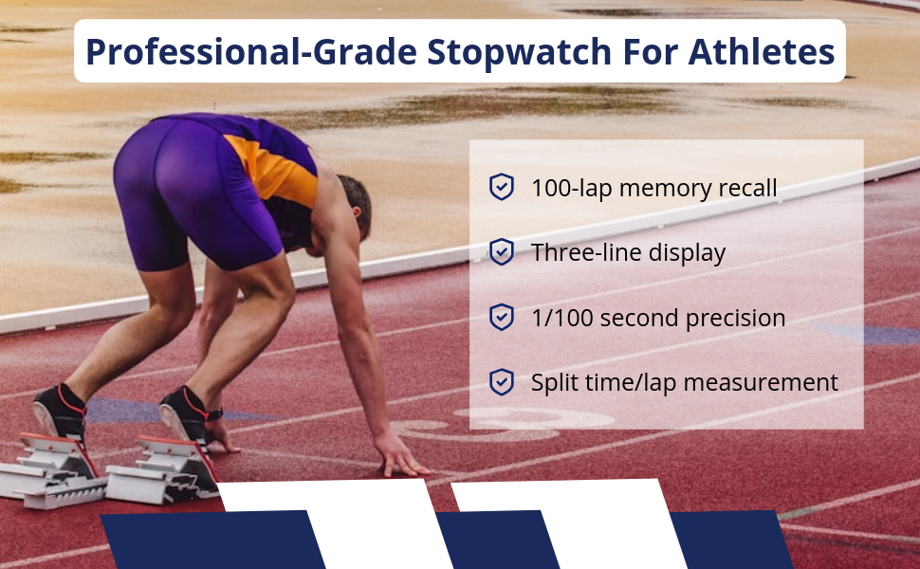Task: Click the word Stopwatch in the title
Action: pos(519,52)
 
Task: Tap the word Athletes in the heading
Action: pos(761,51)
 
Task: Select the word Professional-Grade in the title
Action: pos(251,51)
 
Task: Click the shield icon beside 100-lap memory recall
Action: pos(502,187)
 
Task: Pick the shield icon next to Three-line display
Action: pos(502,251)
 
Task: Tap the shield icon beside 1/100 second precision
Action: pos(502,317)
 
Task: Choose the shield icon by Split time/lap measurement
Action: pos(502,382)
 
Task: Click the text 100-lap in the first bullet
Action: pos(572,189)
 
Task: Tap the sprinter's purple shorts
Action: pos(193,193)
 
